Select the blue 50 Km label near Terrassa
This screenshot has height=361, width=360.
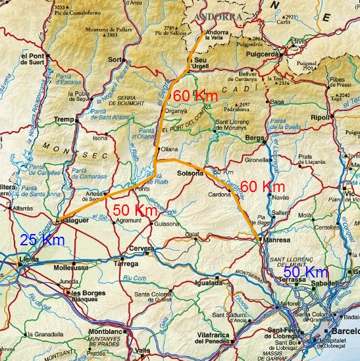[x=306, y=272]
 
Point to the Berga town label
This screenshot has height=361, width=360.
[x=253, y=139]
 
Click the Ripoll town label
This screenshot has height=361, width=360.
[x=340, y=117]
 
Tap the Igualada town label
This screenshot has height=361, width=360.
[x=209, y=283]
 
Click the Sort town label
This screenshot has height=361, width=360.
[x=116, y=60]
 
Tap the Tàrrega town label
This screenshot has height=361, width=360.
[x=126, y=263]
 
